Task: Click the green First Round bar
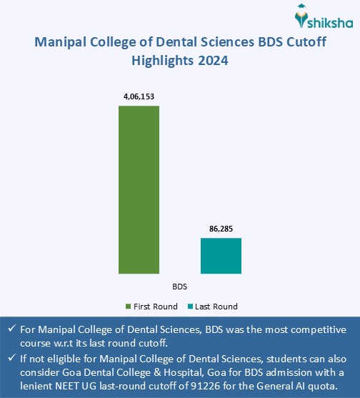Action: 139,189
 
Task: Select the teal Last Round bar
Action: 221,255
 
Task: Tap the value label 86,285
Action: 221,229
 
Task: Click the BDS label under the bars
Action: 180,287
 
